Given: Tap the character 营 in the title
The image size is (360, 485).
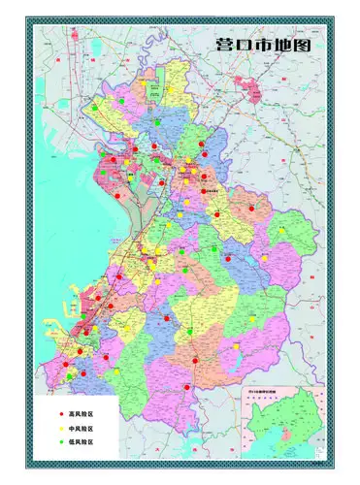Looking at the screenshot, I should [x=225, y=46].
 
